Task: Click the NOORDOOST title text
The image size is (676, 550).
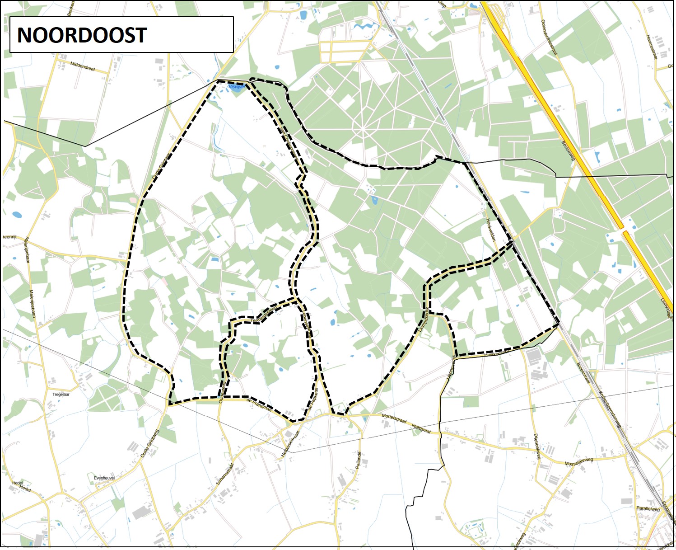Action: pos(82,35)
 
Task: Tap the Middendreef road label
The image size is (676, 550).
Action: pos(83,66)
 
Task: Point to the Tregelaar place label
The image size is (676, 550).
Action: pos(61,395)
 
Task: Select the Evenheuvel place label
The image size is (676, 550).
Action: pos(104,478)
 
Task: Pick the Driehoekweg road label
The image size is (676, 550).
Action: pos(537,447)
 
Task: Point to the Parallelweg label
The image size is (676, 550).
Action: pos(648,508)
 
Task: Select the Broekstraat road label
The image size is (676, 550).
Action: pos(583,373)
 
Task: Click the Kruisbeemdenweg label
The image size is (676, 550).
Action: pos(610,409)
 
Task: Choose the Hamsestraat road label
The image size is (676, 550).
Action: pos(652,47)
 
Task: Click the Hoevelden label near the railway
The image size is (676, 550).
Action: pos(491,230)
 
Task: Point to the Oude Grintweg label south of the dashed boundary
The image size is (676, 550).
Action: pos(150,443)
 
